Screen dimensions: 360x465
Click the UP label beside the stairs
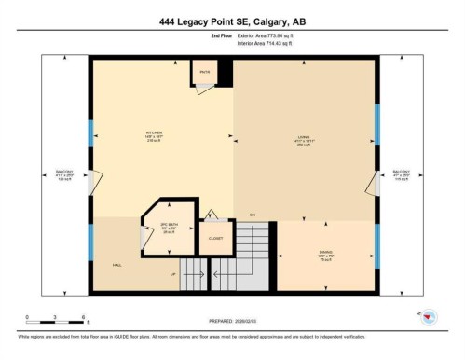(171, 274)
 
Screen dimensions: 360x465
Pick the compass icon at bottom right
(431, 320)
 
